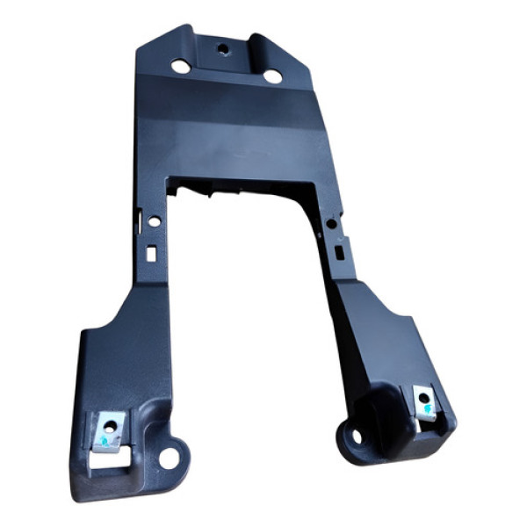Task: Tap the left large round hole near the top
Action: pyautogui.click(x=179, y=66)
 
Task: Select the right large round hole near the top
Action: pyautogui.click(x=273, y=76)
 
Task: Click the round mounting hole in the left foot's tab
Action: pyautogui.click(x=168, y=458)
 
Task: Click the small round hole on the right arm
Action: pyautogui.click(x=330, y=225)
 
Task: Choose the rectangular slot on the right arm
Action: pyautogui.click(x=338, y=250)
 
